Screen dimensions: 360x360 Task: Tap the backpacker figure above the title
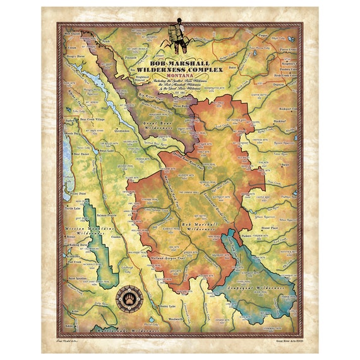pyautogui.click(x=177, y=39)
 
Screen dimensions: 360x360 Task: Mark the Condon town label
pyautogui.click(x=116, y=237)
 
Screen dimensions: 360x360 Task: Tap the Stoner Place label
pyautogui.click(x=270, y=224)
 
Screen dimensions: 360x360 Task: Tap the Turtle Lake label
pyautogui.click(x=76, y=208)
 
